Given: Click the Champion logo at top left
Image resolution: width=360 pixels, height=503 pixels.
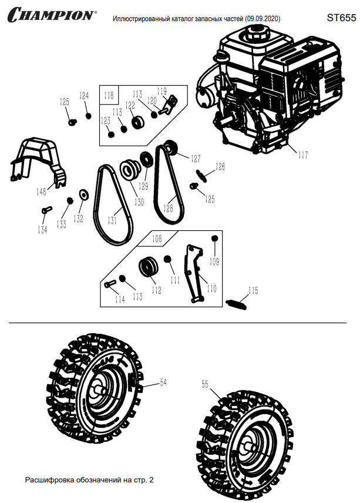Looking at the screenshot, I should tap(51, 14).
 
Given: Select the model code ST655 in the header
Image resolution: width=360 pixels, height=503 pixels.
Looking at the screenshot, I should tap(341, 18).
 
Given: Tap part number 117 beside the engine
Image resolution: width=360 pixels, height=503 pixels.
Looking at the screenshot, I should tap(302, 155).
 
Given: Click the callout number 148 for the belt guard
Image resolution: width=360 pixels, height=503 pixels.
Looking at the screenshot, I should tap(41, 192).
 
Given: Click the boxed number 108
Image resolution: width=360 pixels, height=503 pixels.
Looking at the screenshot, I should tap(157, 239).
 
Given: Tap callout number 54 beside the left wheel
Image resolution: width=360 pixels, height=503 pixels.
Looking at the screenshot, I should tap(163, 383).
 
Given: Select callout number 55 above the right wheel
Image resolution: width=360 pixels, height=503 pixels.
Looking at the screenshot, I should tap(205, 385).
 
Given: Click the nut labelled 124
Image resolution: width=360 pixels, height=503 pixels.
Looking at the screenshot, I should tap(89, 115).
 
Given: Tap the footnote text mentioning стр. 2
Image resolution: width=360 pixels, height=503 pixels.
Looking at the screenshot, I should tap(89, 480).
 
